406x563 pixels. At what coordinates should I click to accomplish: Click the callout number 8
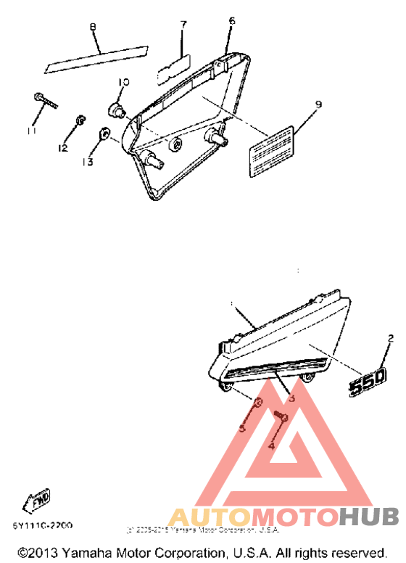click(93, 28)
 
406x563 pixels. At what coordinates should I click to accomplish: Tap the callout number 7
click(183, 25)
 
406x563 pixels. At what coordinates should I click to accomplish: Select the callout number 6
click(231, 21)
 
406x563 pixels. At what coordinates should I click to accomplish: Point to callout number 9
click(318, 104)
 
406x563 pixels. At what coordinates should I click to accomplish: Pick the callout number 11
click(30, 130)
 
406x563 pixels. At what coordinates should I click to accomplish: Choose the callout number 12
click(63, 148)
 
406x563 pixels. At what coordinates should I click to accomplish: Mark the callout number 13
click(88, 162)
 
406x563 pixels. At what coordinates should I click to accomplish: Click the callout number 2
click(390, 338)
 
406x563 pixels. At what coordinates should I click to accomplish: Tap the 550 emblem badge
click(369, 381)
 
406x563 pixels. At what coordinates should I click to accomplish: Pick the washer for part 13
click(104, 133)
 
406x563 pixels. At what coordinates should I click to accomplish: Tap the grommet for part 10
click(116, 110)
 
